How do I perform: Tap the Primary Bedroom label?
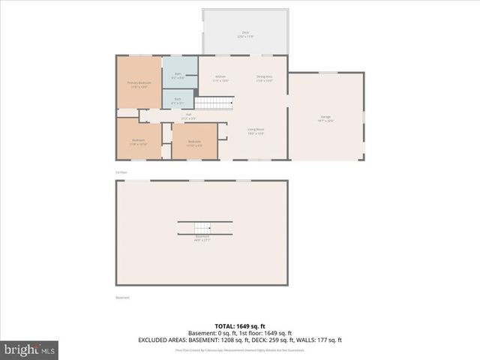139,84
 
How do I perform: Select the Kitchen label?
220,77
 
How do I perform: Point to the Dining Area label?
264,77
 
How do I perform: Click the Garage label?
326,118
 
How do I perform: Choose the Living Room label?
256,130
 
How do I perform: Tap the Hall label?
189,116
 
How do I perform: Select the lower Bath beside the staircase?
178,100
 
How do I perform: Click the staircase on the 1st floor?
215,103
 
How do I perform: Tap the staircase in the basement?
200,227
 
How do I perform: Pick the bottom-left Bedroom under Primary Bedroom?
139,142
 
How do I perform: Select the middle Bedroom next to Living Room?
194,142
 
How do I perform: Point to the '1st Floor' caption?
121,172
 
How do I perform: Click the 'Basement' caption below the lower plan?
122,298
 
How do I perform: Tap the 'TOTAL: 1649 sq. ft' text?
240,327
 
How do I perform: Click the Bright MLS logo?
30,349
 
